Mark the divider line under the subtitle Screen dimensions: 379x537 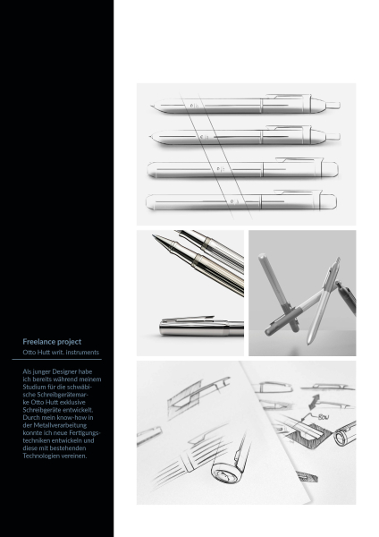57,360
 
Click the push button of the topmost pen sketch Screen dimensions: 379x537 333,105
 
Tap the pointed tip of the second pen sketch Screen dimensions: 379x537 151,137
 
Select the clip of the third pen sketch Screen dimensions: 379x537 299,159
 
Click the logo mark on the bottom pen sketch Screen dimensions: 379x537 233,201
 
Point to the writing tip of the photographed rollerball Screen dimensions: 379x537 156,237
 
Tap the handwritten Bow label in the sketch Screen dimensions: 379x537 324,417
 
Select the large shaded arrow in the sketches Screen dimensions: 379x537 314,401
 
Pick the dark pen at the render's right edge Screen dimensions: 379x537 346,297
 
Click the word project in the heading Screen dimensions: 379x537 70,342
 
